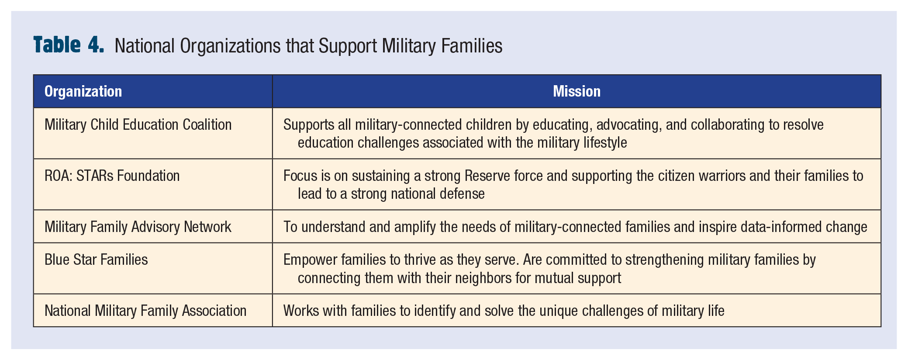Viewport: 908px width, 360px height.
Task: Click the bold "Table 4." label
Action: [69, 45]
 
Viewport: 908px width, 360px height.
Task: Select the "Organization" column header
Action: [83, 91]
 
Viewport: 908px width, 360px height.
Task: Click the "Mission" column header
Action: [577, 91]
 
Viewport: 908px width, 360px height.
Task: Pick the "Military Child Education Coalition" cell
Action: [138, 125]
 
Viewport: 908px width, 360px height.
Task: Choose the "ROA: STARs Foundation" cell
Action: [112, 176]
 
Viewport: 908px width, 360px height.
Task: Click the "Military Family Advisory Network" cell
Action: [138, 227]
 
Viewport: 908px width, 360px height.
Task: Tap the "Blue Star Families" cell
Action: [96, 260]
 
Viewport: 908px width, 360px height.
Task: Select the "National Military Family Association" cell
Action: [145, 311]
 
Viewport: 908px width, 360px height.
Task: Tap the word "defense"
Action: [462, 194]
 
